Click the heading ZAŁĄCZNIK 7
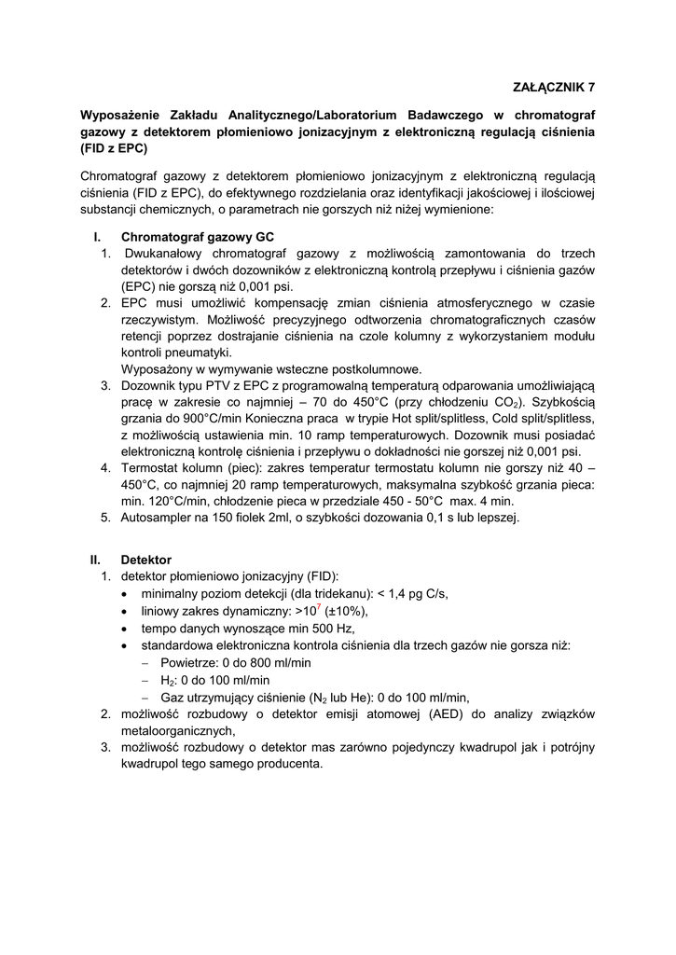[x=554, y=88]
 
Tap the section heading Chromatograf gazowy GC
[x=198, y=237]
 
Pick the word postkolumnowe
[x=376, y=368]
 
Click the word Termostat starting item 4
[x=154, y=468]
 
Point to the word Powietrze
[x=188, y=662]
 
